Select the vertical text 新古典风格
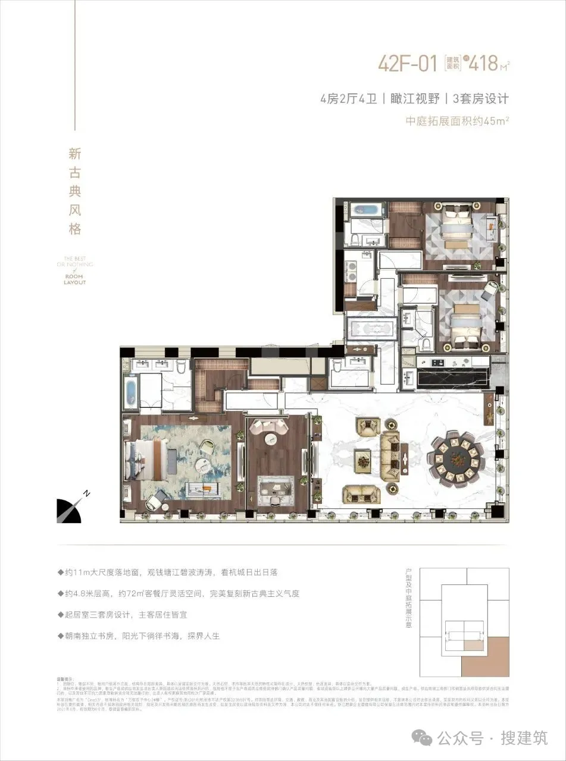coord(74,191)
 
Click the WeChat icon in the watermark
coord(425,737)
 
